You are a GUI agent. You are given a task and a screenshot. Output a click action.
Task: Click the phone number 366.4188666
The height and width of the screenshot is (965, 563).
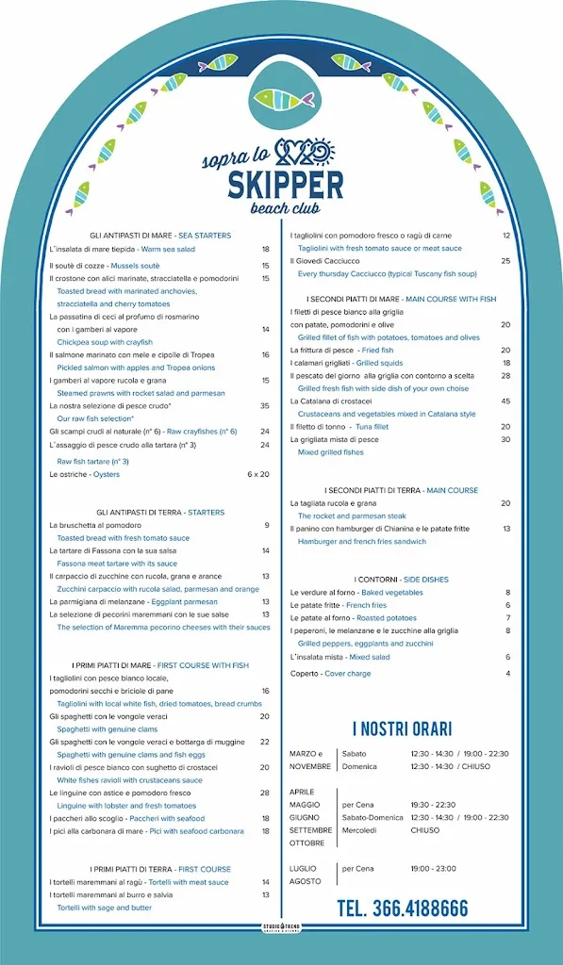(x=402, y=908)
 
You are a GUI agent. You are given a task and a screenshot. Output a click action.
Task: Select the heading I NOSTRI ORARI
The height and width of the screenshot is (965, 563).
(x=402, y=728)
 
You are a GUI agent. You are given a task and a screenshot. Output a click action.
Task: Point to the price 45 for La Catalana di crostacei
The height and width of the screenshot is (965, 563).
(x=505, y=401)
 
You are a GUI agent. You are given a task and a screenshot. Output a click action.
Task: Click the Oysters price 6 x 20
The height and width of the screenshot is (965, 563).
(x=257, y=474)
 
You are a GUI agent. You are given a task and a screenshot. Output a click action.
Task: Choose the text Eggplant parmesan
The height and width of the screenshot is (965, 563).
(x=186, y=601)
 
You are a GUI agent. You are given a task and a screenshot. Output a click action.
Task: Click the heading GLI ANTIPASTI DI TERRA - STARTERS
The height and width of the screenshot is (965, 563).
(x=160, y=513)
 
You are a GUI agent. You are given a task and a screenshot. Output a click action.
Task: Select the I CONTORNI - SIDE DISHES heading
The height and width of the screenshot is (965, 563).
(x=402, y=580)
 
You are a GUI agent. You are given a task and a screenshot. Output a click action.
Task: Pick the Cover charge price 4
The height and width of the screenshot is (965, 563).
(x=507, y=673)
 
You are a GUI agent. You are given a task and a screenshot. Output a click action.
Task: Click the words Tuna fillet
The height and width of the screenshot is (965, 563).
(x=372, y=427)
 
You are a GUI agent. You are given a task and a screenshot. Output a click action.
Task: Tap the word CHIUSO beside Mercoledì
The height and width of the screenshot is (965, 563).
(x=425, y=830)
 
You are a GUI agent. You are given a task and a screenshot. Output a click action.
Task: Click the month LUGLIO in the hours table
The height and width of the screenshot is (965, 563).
(x=304, y=868)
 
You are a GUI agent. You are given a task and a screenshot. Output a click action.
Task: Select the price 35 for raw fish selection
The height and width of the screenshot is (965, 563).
(x=265, y=405)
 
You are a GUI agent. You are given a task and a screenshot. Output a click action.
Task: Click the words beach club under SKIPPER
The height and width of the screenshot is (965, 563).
(x=286, y=207)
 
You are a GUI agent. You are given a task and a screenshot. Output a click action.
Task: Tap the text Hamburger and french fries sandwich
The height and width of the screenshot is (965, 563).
(x=362, y=542)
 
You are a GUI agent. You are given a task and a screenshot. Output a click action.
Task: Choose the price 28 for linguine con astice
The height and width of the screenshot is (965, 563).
(x=265, y=793)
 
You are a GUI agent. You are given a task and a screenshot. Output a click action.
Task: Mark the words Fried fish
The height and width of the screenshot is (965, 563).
(x=377, y=351)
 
